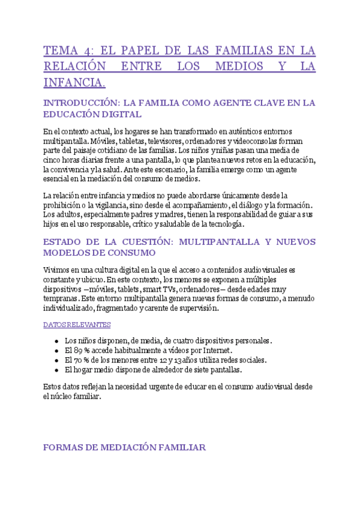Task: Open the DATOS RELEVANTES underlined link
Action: click(77, 325)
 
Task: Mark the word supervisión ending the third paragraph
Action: click(197, 309)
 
